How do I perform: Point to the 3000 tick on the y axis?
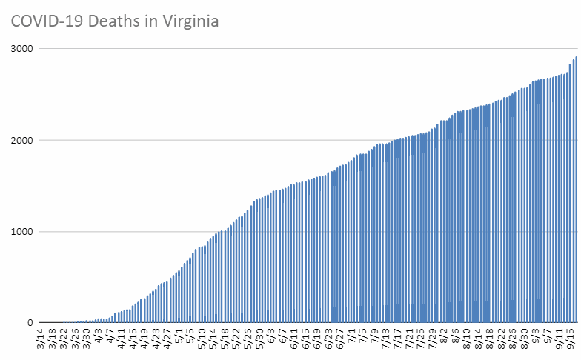tap(24, 49)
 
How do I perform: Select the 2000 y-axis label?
tap(24, 140)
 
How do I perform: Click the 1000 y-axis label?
tap(24, 232)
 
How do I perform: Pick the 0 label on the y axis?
tap(33, 323)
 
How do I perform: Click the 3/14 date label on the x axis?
tap(41, 342)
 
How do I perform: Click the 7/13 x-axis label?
tap(387, 342)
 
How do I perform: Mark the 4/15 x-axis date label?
tap(133, 342)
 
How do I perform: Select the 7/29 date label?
tap(433, 342)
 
